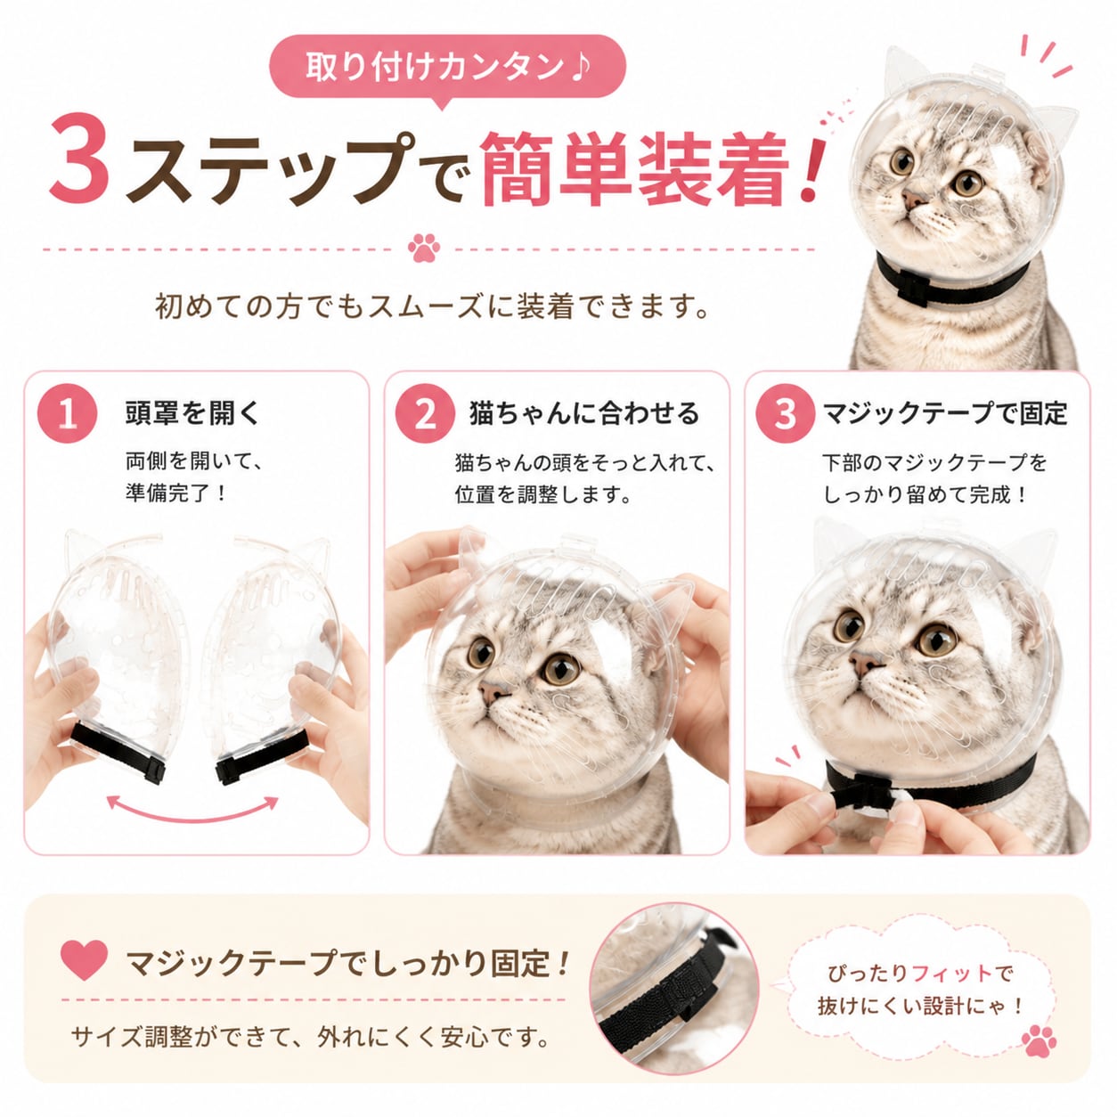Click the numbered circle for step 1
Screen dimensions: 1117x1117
click(x=67, y=414)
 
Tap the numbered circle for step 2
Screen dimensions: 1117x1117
click(x=426, y=414)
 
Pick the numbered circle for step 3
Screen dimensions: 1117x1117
click(x=786, y=414)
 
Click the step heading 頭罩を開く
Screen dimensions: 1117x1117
click(x=193, y=414)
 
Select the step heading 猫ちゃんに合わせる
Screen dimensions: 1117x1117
click(x=585, y=414)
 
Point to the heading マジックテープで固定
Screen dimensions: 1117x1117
click(x=945, y=414)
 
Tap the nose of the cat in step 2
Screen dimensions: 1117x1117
click(x=493, y=689)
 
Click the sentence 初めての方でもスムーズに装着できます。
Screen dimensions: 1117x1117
click(x=432, y=306)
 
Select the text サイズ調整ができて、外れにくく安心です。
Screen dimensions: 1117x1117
click(x=310, y=1038)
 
